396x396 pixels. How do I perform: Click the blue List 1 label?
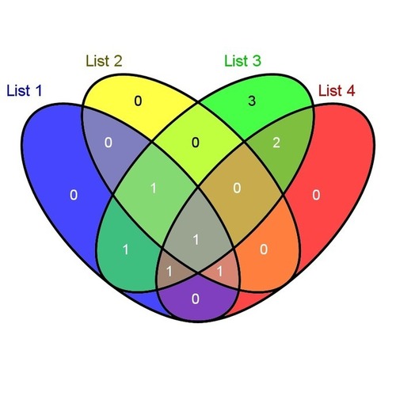25,90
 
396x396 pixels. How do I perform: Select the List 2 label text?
104,61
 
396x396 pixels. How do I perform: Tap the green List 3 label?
242,61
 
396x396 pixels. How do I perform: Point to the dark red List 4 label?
337,90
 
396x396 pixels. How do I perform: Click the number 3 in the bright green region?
252,101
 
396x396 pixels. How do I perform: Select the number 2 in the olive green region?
276,143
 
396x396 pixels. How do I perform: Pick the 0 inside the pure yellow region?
138,101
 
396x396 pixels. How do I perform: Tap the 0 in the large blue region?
74,195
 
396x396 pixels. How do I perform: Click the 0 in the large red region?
316,195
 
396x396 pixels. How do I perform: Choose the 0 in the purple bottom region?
196,299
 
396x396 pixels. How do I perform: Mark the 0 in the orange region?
264,249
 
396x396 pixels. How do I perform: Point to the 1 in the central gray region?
196,239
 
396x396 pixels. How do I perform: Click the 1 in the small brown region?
169,271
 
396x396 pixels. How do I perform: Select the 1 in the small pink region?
219,271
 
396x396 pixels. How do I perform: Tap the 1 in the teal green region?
126,249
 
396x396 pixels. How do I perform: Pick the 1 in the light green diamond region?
154,188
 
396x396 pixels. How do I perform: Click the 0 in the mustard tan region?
237,188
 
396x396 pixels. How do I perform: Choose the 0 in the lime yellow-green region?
196,143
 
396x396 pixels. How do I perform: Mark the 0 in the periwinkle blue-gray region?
109,143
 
